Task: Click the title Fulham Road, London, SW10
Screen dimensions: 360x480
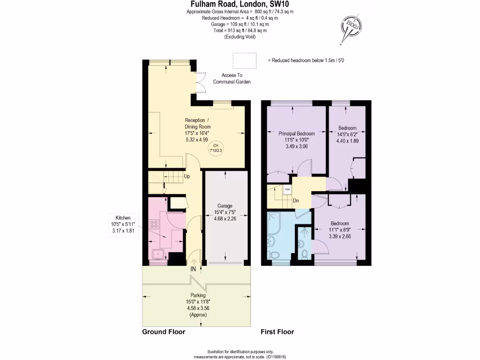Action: tap(240, 4)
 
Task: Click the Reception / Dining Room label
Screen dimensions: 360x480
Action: tap(197, 123)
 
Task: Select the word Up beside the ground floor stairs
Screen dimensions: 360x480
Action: tap(187, 177)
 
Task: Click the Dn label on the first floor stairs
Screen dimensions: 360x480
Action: tap(296, 201)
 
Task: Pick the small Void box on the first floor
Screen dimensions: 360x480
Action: tap(287, 189)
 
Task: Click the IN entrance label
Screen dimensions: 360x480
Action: tap(193, 269)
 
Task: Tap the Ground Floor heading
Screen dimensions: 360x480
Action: tap(164, 332)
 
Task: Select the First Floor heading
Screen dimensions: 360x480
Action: tap(277, 332)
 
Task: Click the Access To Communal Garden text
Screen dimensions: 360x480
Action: tap(232, 78)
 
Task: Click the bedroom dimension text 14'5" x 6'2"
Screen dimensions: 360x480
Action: tap(347, 134)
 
